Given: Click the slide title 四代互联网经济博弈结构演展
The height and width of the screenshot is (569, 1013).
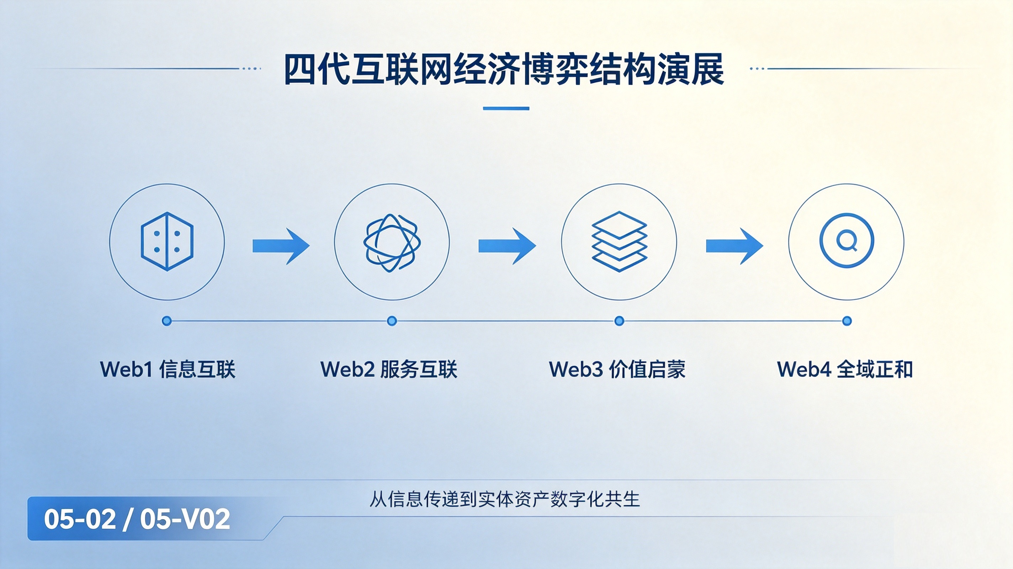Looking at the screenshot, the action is coord(504,69).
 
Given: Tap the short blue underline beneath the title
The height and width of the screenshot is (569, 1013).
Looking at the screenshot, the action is coord(506,108).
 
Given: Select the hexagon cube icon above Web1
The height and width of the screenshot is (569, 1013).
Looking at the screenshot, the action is coord(167,241).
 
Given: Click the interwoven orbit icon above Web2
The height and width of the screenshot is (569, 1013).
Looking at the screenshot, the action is coord(392,242).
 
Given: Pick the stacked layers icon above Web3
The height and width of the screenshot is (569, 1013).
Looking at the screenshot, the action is coord(619,241).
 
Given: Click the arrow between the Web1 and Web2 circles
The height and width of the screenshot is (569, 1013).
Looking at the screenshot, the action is coord(281,246).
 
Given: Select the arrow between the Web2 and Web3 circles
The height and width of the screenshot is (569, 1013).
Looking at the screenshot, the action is coord(507,246).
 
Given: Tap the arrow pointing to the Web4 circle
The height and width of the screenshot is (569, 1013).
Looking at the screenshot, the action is coord(734,246).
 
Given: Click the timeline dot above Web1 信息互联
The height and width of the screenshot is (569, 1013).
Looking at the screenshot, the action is coord(167,321).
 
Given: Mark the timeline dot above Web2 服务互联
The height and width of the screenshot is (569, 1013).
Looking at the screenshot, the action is coord(392,321).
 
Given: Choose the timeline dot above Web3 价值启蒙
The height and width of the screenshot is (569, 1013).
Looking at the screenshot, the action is coord(619,321).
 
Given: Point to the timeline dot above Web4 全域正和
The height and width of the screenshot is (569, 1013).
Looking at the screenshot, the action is coord(847,321).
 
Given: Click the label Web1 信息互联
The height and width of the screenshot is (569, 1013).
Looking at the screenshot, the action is coord(168,369).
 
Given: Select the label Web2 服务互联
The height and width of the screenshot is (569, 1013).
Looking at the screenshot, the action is coord(389,369).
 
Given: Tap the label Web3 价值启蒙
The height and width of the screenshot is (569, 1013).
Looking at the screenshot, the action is coord(617,369).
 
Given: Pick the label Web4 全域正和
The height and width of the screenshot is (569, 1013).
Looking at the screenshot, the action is coord(845,369).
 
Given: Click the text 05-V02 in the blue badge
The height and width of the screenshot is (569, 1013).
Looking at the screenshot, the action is coord(185,519).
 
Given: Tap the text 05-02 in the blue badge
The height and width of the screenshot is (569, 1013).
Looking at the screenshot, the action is coord(80,519).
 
